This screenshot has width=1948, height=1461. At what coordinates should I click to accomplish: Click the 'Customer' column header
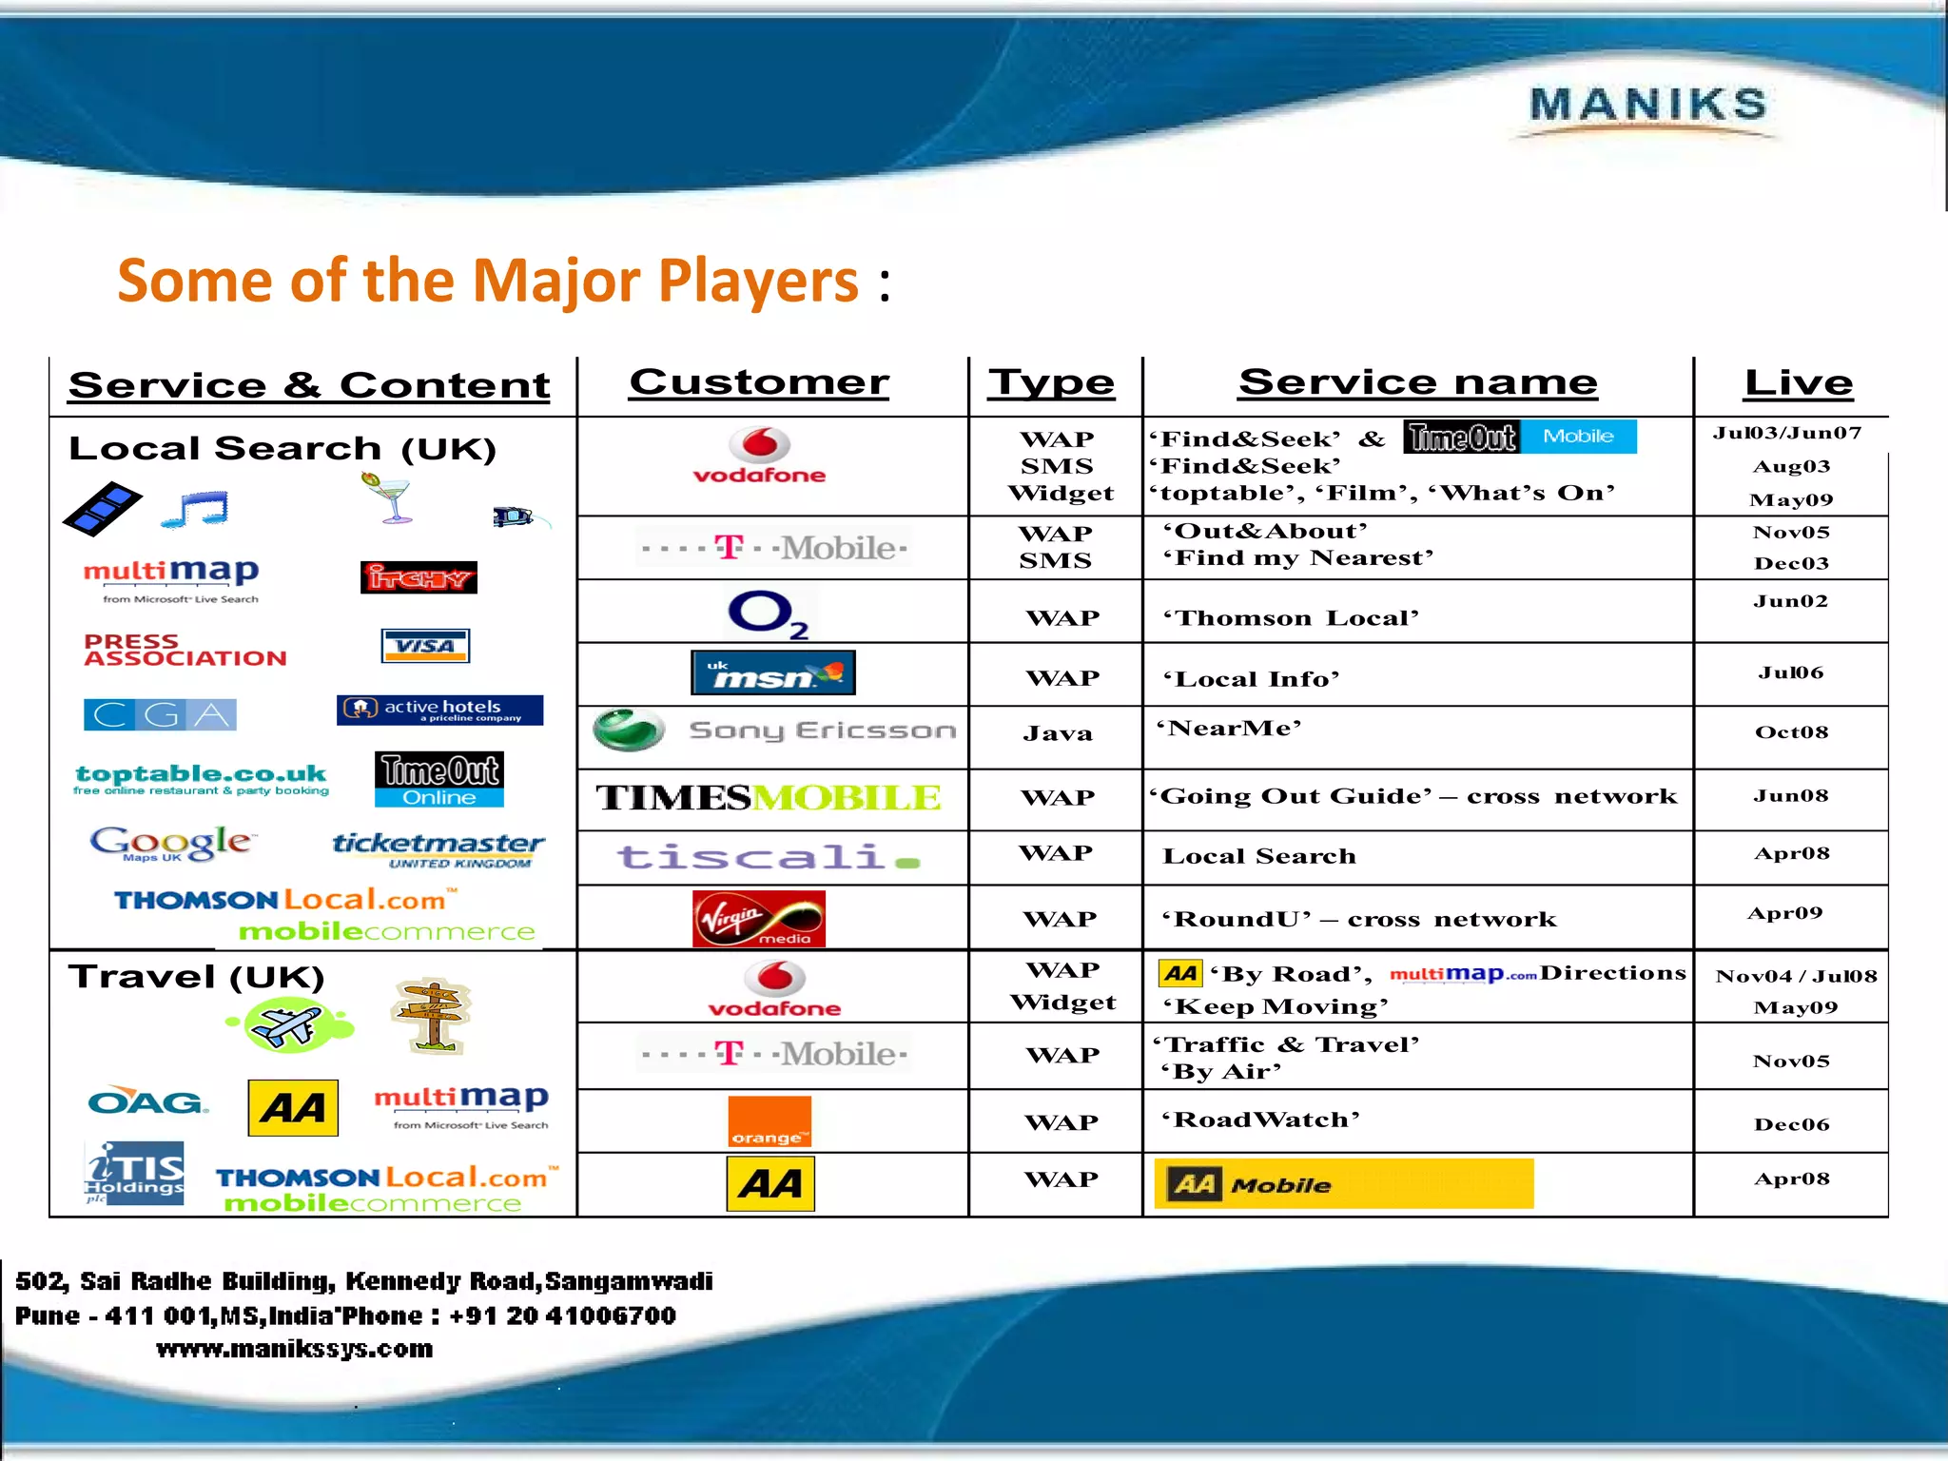pyautogui.click(x=759, y=382)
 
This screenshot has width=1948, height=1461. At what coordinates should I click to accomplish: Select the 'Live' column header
pyautogui.click(x=1798, y=382)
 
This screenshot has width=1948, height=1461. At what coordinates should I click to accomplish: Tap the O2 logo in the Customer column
pyautogui.click(x=767, y=614)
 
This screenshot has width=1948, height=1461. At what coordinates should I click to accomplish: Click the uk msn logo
pyautogui.click(x=772, y=672)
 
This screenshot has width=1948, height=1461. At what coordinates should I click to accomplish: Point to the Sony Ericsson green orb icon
pyautogui.click(x=628, y=730)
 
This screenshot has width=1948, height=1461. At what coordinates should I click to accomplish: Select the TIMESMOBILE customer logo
pyautogui.click(x=769, y=797)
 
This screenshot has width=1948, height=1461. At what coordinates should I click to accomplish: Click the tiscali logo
pyautogui.click(x=769, y=857)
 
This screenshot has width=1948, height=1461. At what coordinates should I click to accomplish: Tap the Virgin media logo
pyautogui.click(x=759, y=919)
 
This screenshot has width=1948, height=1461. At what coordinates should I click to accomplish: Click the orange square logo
pyautogui.click(x=769, y=1121)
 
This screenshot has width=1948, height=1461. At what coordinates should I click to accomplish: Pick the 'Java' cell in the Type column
pyautogui.click(x=1057, y=733)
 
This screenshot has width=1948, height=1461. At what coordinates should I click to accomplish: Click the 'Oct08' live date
pyautogui.click(x=1791, y=732)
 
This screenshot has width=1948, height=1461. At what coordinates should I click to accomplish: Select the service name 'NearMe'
pyautogui.click(x=1229, y=729)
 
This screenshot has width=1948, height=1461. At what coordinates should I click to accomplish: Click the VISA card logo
pyautogui.click(x=425, y=646)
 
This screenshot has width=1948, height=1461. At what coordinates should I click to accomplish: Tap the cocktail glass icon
pyautogui.click(x=390, y=498)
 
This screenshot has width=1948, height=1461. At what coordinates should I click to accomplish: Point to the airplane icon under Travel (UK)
pyautogui.click(x=289, y=1024)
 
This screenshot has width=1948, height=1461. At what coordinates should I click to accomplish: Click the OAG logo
pyautogui.click(x=146, y=1102)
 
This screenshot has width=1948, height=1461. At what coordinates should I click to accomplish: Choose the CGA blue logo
pyautogui.click(x=160, y=714)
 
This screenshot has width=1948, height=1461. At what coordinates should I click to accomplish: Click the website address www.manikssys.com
pyautogui.click(x=294, y=1349)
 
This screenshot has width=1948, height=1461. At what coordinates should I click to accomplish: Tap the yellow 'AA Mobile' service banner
pyautogui.click(x=1343, y=1184)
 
